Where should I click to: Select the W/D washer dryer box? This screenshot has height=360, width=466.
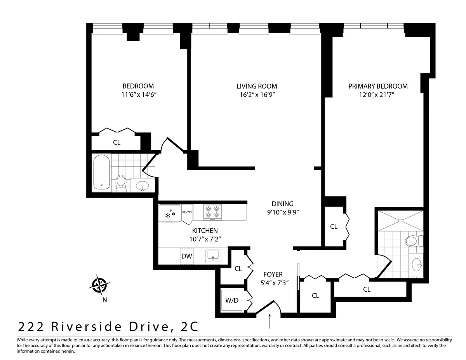point(232,300)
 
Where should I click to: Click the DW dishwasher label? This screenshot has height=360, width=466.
point(187,256)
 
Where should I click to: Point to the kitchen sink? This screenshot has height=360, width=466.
point(213,256)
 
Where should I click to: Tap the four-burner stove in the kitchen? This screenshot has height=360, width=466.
point(212,212)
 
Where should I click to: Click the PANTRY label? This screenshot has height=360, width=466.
point(187,212)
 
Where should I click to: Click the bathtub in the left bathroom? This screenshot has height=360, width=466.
point(101,173)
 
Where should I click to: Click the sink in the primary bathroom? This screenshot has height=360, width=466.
point(417,266)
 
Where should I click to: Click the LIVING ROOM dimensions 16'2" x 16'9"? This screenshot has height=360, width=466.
point(257,94)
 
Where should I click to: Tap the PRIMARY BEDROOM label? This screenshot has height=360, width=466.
point(378,86)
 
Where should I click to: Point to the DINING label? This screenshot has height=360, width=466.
point(282,203)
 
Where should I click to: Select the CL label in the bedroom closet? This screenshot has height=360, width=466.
point(116,143)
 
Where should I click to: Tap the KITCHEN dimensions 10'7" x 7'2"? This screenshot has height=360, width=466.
point(205,239)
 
